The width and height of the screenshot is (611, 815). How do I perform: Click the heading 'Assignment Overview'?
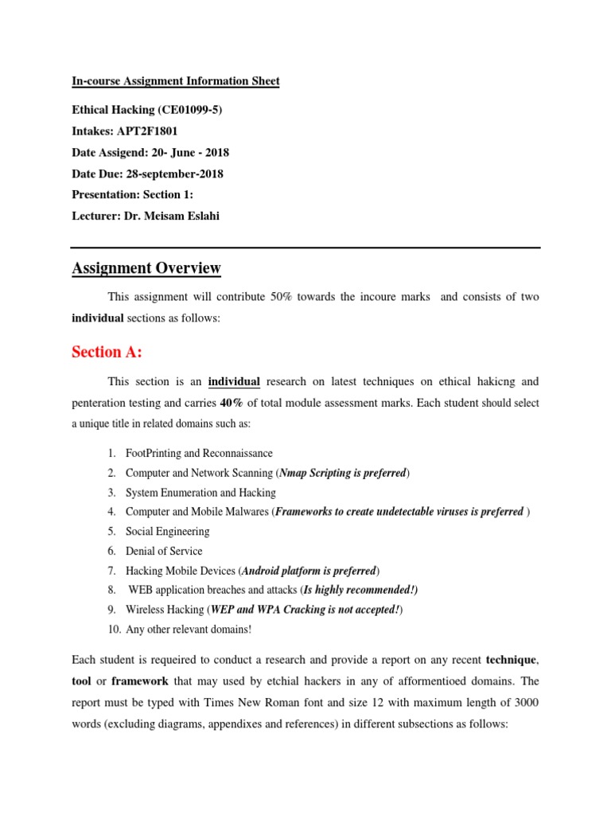click(146, 268)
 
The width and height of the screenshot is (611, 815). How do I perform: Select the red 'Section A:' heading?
click(107, 352)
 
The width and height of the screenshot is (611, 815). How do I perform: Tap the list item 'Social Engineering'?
click(168, 532)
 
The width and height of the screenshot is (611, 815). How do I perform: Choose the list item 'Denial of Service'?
click(164, 551)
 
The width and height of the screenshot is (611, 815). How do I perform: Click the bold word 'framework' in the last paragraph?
click(140, 682)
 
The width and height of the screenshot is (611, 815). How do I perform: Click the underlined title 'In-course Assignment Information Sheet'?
click(175, 81)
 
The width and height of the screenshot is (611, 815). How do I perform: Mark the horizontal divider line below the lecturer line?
click(305, 247)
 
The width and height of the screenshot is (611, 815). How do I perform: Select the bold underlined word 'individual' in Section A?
click(234, 382)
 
